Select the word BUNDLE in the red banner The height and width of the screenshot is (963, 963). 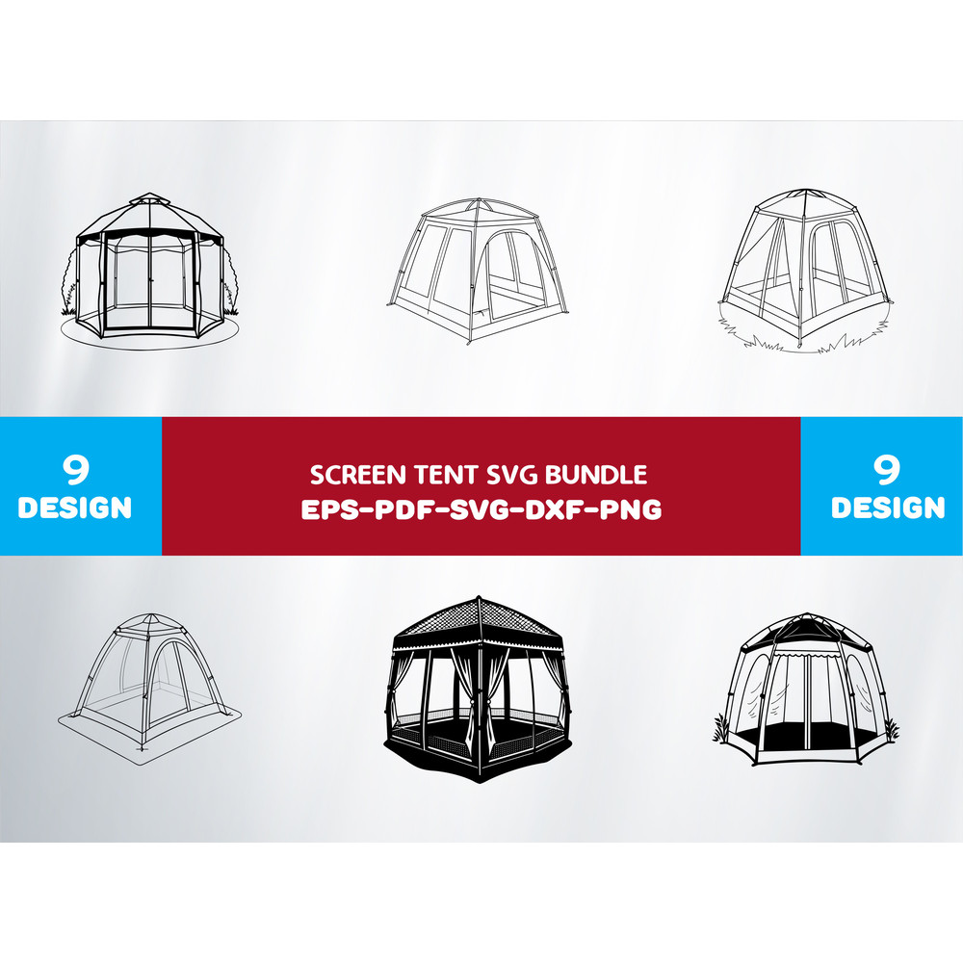tap(596, 475)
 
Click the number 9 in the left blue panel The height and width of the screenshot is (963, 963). tap(75, 470)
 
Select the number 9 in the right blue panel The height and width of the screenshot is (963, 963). tap(888, 470)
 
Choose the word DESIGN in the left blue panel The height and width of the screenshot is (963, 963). tap(75, 508)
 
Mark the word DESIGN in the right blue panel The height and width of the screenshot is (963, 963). tap(888, 508)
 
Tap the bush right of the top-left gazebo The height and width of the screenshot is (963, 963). tap(230, 284)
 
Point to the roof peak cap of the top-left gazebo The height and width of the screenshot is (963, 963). tap(149, 200)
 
